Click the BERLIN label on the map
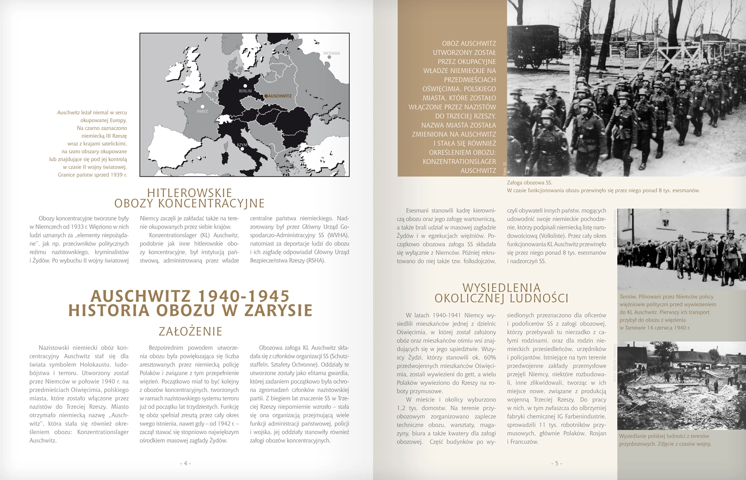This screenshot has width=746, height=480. (x=245, y=91)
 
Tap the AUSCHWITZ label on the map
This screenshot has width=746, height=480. (x=279, y=96)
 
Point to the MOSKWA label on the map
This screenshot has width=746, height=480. (x=331, y=53)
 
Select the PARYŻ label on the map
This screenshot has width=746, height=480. (x=202, y=111)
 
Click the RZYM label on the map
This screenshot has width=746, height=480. (x=242, y=144)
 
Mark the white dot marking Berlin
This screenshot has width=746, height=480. (x=245, y=86)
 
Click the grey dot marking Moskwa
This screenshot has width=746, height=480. (x=329, y=57)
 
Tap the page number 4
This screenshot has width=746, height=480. (x=186, y=463)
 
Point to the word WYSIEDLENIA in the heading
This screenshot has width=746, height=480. (x=502, y=288)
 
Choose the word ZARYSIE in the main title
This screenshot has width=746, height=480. (x=279, y=310)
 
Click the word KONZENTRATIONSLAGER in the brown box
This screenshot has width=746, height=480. (x=459, y=161)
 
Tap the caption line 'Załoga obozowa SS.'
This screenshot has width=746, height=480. (x=529, y=182)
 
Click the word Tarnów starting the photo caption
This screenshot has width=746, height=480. (x=627, y=296)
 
